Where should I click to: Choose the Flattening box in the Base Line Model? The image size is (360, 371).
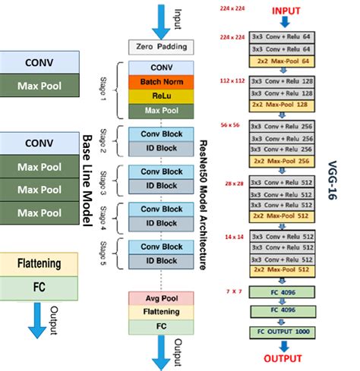point(39,265)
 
